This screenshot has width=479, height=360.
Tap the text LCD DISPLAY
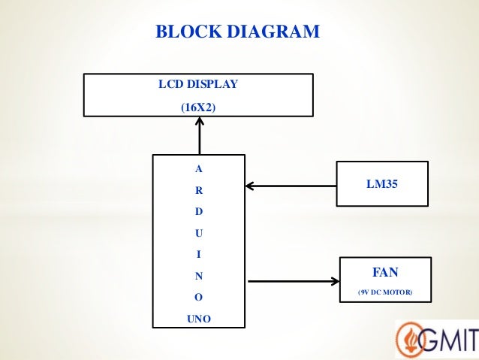pos(198,84)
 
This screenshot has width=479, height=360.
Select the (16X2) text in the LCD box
pos(198,107)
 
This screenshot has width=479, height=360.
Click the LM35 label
pos(381,181)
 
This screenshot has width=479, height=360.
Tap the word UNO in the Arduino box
pos(198,319)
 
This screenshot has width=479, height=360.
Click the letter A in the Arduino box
pos(198,169)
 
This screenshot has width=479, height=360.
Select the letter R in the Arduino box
pos(198,190)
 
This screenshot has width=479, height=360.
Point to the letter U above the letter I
pos(198,233)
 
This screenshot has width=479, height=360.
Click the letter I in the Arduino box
pos(198,254)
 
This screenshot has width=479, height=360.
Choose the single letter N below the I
pos(198,276)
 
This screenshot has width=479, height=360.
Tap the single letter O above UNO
pos(198,297)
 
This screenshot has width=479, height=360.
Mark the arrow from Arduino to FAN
pos(293,282)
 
